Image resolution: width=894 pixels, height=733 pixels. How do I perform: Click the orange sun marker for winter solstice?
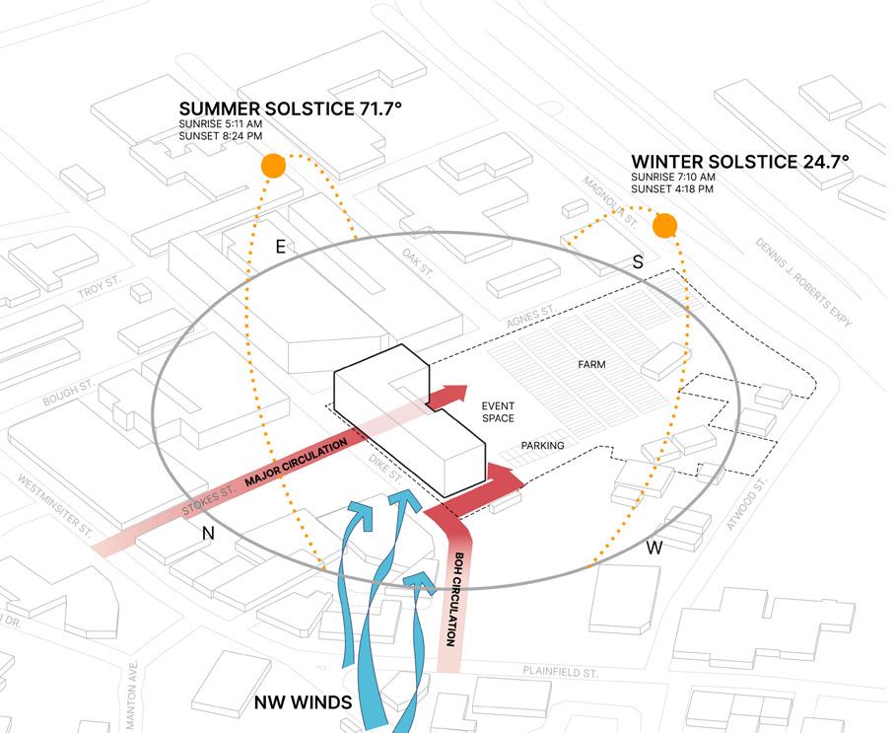pyautogui.click(x=665, y=226)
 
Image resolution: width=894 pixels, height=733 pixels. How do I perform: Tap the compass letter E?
pyautogui.click(x=280, y=248)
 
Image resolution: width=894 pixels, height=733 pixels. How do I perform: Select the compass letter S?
pyautogui.click(x=637, y=262)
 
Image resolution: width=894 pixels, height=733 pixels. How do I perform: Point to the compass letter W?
pyautogui.click(x=654, y=548)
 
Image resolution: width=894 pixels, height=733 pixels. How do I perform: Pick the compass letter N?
pyautogui.click(x=209, y=533)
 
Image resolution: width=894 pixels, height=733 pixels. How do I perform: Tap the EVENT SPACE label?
pyautogui.click(x=498, y=412)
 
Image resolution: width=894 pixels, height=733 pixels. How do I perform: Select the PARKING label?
pyautogui.click(x=542, y=446)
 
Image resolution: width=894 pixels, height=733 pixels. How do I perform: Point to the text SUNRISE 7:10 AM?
pyautogui.click(x=673, y=177)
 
